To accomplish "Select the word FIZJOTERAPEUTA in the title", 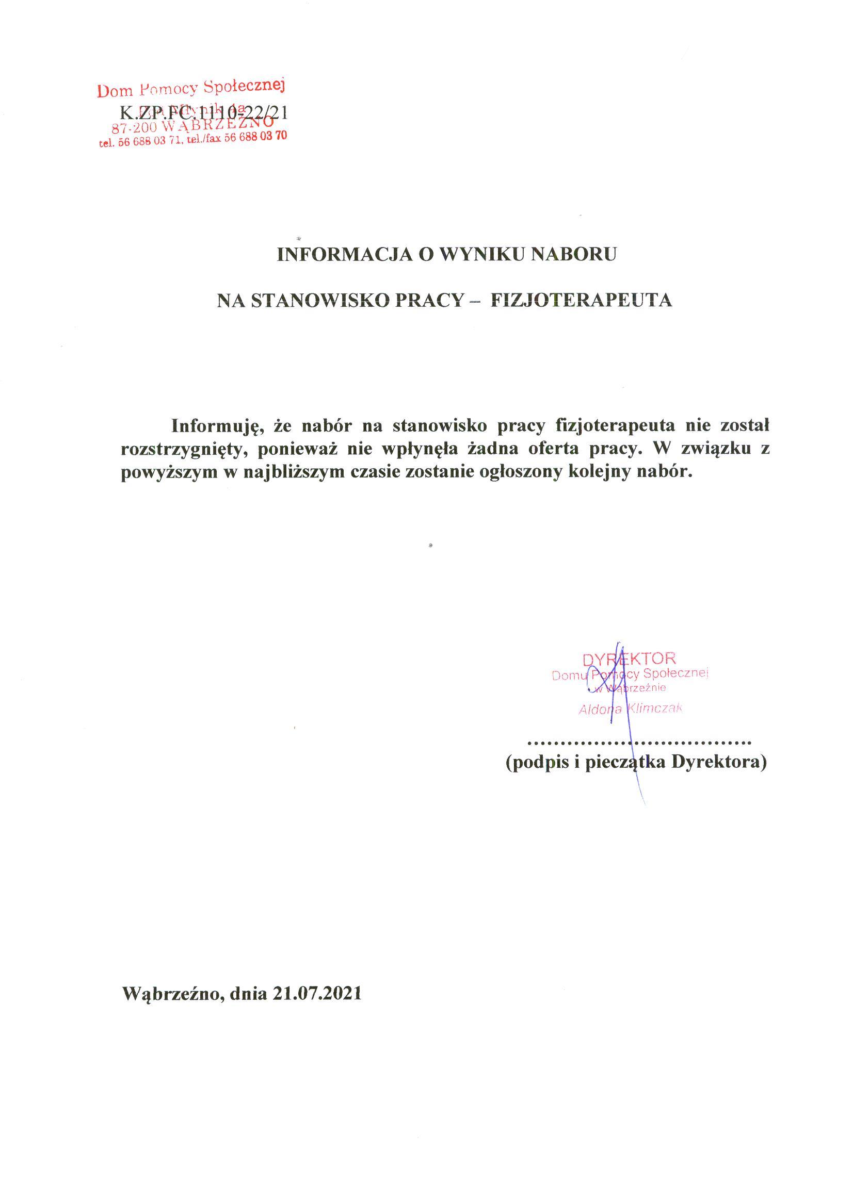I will (581, 300).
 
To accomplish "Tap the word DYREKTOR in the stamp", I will (629, 658).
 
